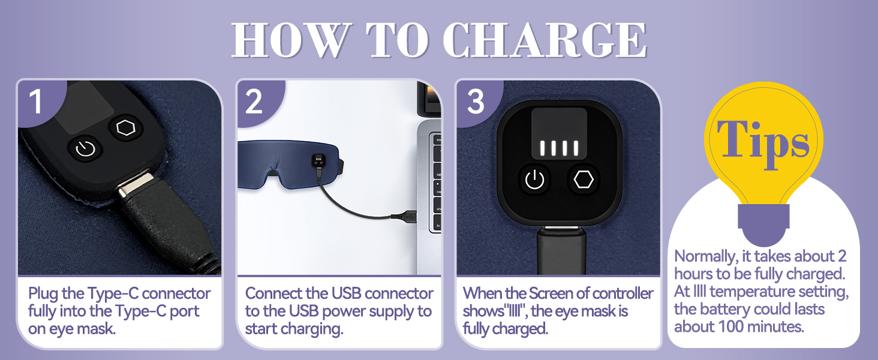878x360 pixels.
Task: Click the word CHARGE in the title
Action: pyautogui.click(x=545, y=40)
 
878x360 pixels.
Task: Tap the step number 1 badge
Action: pyautogui.click(x=36, y=101)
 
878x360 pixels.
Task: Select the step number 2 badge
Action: pyautogui.click(x=254, y=101)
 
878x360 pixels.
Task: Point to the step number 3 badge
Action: pyautogui.click(x=476, y=101)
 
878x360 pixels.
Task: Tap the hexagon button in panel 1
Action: pyautogui.click(x=126, y=128)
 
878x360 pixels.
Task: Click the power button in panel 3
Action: pyautogui.click(x=534, y=180)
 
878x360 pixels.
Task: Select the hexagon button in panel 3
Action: pyautogui.click(x=584, y=179)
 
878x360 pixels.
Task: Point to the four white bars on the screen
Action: pyautogui.click(x=559, y=148)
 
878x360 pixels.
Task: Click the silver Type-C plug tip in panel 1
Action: pyautogui.click(x=136, y=184)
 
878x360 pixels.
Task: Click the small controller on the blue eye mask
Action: pyautogui.click(x=318, y=161)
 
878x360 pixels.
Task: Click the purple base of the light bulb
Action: pyautogui.click(x=763, y=224)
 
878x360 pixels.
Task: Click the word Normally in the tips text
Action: pyautogui.click(x=706, y=257)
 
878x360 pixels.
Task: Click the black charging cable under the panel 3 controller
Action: pyautogui.click(x=562, y=251)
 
